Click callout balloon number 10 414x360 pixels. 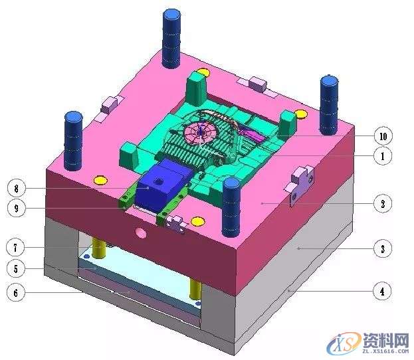[x=383, y=136]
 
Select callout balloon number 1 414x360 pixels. [x=383, y=156]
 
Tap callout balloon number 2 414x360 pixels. [x=383, y=204]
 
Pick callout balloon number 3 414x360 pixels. [x=383, y=249]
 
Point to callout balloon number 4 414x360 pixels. [x=382, y=292]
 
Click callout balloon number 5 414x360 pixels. [x=15, y=269]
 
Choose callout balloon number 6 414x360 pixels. [x=15, y=292]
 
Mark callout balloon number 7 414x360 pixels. [x=15, y=248]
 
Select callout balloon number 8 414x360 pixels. [x=17, y=189]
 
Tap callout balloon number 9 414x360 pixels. [x=17, y=209]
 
